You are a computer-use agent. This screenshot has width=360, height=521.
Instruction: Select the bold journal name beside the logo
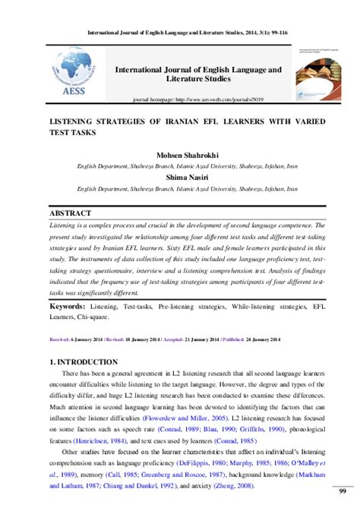point(197,74)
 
